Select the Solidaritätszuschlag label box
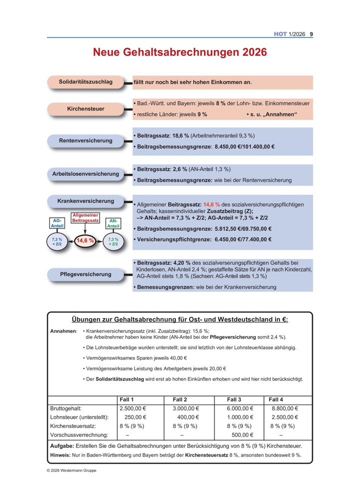click(85, 81)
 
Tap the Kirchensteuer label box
click(85, 108)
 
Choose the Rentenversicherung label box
click(85, 140)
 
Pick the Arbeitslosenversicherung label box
click(85, 174)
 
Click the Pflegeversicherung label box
click(85, 274)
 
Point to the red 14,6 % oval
click(85, 240)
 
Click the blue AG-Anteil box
click(56, 223)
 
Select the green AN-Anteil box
click(113, 223)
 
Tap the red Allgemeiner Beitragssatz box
click(85, 217)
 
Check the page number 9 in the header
click(311, 34)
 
